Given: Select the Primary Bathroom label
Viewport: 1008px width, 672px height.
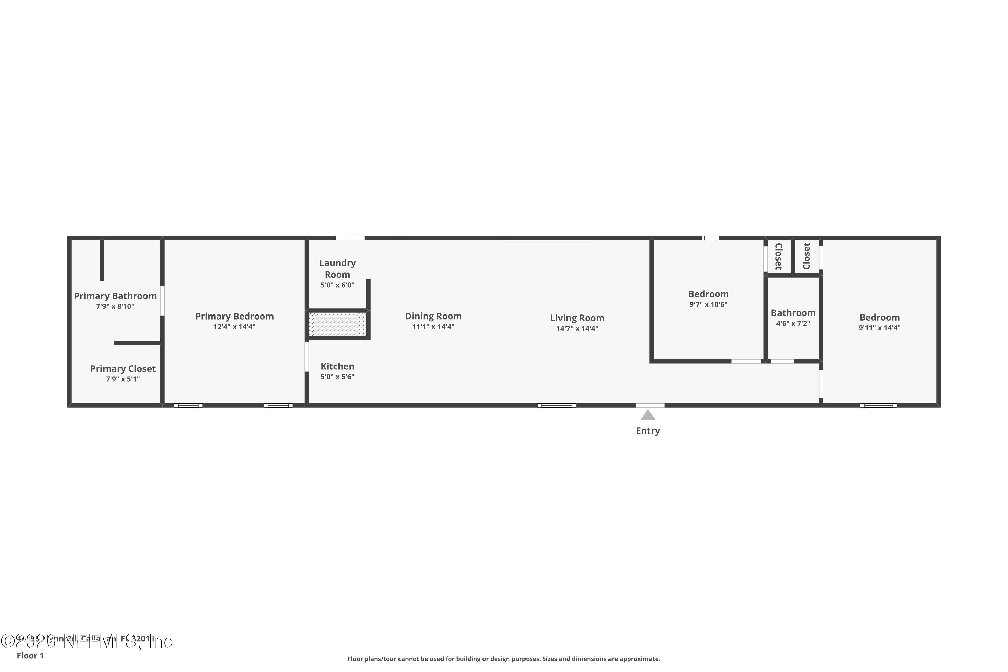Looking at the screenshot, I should [115, 296].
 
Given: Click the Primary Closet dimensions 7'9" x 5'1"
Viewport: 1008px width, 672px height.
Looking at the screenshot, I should [123, 379].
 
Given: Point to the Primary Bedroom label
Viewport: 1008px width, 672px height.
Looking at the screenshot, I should [235, 316].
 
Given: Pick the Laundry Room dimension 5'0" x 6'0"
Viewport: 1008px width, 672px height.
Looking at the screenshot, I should [337, 285].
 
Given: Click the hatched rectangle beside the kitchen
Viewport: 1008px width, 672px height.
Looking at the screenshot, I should [338, 324].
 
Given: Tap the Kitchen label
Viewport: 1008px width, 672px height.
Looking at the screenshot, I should [337, 367].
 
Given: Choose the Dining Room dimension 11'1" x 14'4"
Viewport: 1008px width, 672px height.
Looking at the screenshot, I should [433, 327].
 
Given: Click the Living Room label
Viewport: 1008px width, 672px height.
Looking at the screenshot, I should [577, 318].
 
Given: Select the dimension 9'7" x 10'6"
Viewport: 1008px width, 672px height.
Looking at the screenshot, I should [708, 305].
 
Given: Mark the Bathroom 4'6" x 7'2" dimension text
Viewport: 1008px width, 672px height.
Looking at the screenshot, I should [793, 324].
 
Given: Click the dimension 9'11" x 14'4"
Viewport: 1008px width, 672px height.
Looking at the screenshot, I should [879, 328].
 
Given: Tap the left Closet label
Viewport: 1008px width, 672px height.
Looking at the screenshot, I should [779, 256].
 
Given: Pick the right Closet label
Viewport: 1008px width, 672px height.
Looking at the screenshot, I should [807, 256].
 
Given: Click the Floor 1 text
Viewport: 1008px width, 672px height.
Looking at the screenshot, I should [30, 655].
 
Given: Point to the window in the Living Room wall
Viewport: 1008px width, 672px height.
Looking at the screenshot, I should [556, 406].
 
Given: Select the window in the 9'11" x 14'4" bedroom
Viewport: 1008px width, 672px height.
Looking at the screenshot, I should [878, 406].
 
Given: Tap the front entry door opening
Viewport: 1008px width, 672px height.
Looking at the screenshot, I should [650, 406].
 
